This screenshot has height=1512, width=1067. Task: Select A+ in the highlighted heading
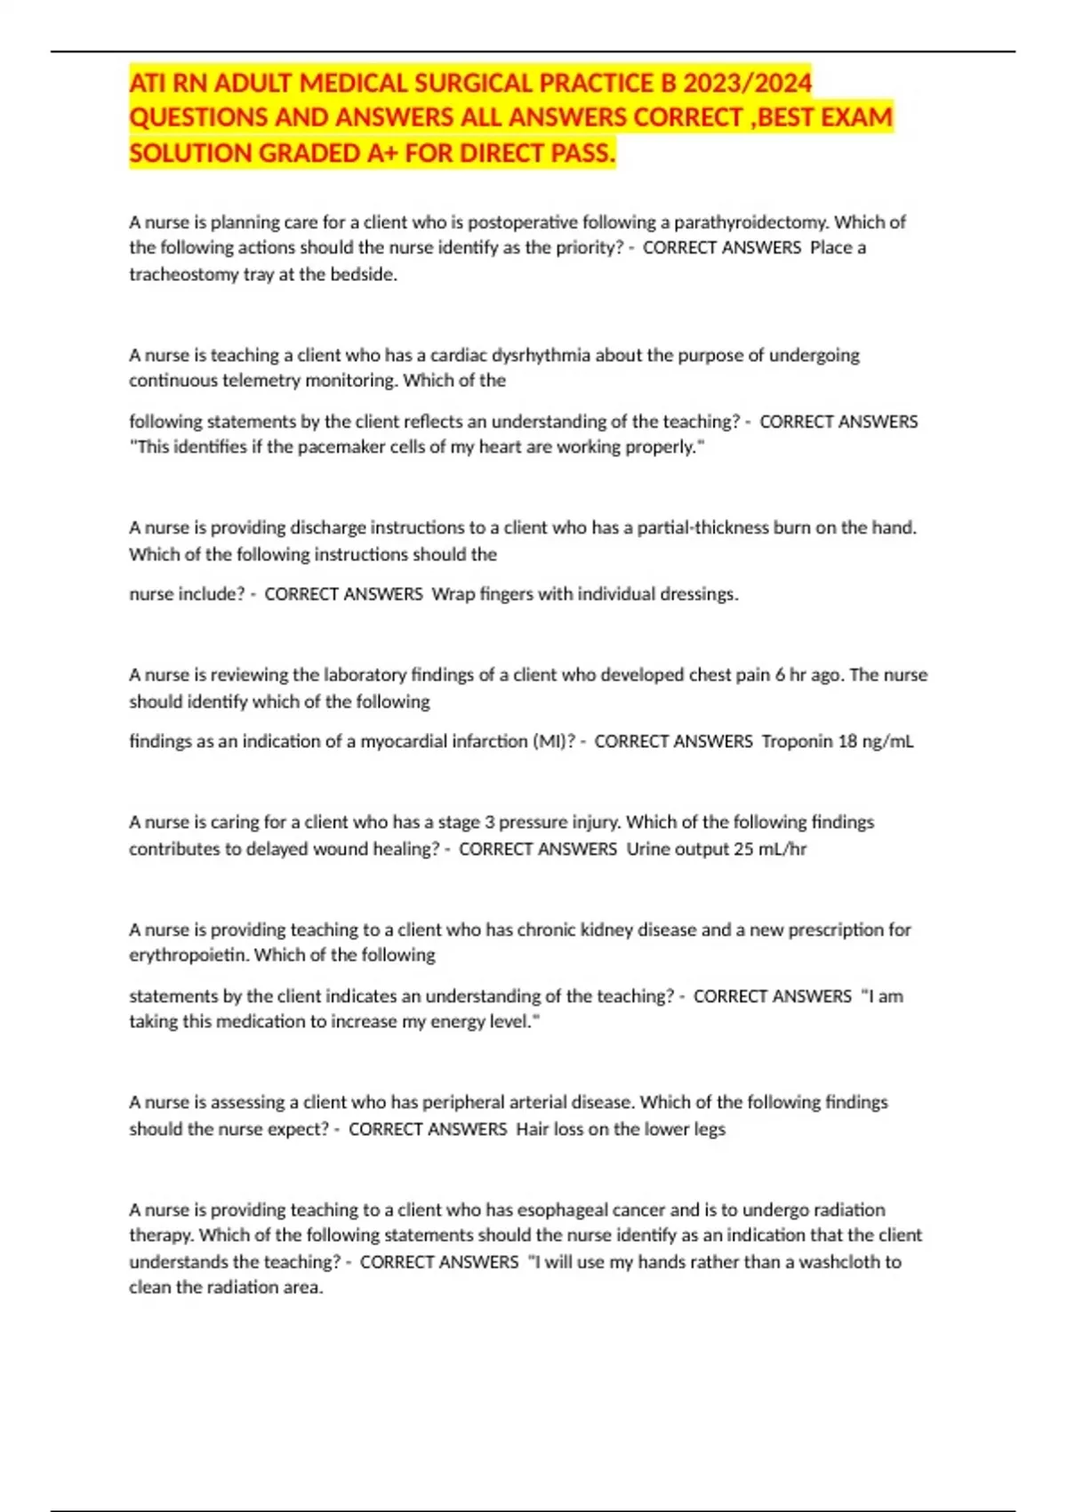pos(382,153)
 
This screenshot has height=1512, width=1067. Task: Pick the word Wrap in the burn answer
pos(453,594)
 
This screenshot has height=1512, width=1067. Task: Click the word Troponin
pos(797,741)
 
